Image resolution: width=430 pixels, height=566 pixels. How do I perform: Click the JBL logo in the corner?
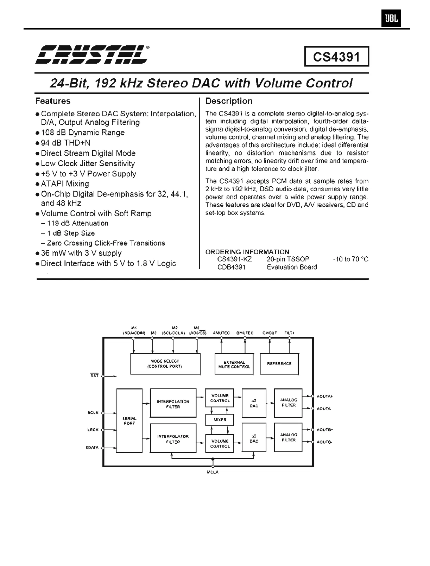[391, 19]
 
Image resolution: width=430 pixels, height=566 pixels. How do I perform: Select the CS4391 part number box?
[336, 57]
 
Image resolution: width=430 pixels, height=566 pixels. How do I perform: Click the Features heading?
[53, 101]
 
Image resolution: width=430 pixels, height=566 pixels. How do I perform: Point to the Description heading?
[229, 101]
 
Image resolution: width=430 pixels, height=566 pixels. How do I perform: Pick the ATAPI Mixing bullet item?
[65, 184]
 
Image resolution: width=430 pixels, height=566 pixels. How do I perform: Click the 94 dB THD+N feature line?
[65, 143]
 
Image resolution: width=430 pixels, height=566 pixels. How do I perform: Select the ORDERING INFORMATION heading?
[247, 252]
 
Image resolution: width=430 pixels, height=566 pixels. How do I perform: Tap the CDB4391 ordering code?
[231, 267]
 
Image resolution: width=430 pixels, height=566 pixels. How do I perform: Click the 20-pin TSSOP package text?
[288, 259]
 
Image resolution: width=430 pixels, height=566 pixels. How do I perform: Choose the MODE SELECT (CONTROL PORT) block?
[165, 364]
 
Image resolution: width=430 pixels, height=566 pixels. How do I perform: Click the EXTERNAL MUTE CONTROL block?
[234, 364]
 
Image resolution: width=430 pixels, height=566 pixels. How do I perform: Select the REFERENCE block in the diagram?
[279, 364]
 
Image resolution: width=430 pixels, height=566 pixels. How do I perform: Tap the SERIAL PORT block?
[129, 421]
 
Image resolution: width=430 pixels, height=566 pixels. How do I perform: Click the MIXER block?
[220, 420]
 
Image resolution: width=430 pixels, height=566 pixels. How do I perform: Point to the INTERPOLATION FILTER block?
[173, 404]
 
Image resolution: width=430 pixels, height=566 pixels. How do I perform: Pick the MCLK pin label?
[213, 472]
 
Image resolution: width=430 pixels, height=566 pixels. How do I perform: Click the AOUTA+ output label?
[324, 397]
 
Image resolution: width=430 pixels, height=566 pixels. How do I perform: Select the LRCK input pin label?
[93, 430]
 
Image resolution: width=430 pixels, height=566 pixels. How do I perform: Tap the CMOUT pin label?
[270, 333]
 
